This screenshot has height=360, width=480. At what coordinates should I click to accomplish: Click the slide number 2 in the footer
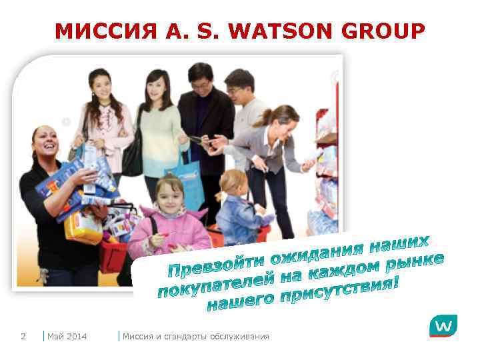tap(23, 336)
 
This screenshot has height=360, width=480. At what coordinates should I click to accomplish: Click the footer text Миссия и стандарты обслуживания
tap(195, 336)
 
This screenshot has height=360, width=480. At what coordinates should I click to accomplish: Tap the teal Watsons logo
tap(443, 326)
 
